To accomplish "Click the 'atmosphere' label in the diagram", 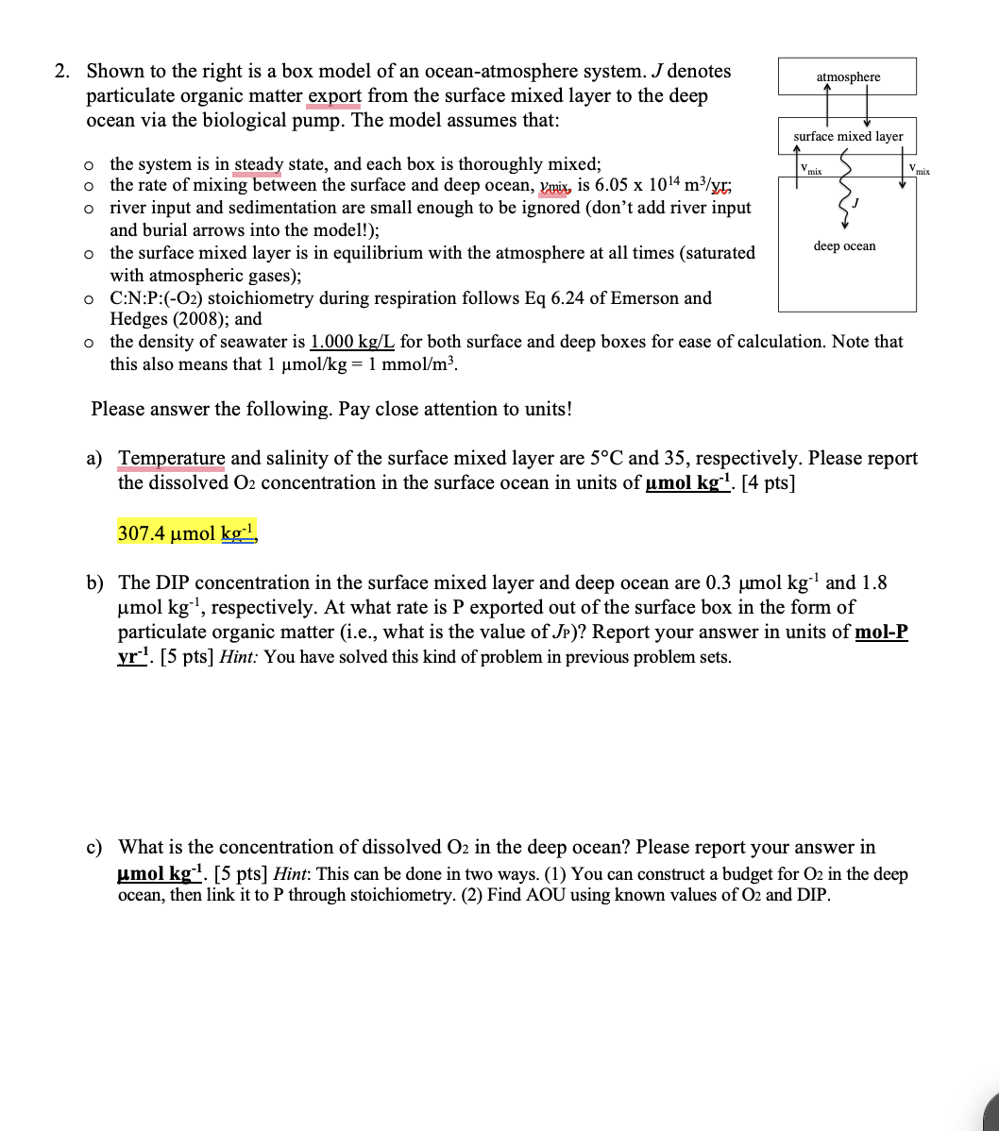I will [847, 76].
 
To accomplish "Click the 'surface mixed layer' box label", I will [847, 137].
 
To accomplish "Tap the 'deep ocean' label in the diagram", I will [844, 246].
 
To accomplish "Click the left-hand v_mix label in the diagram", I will [810, 170].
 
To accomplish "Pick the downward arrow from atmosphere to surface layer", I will [866, 107].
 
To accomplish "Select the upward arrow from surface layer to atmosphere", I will [827, 107].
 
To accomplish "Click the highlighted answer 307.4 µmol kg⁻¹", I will [188, 533].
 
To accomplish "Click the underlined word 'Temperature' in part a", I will [171, 459].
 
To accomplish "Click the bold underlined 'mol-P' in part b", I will [880, 633].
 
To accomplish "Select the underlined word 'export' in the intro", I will [333, 96].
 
